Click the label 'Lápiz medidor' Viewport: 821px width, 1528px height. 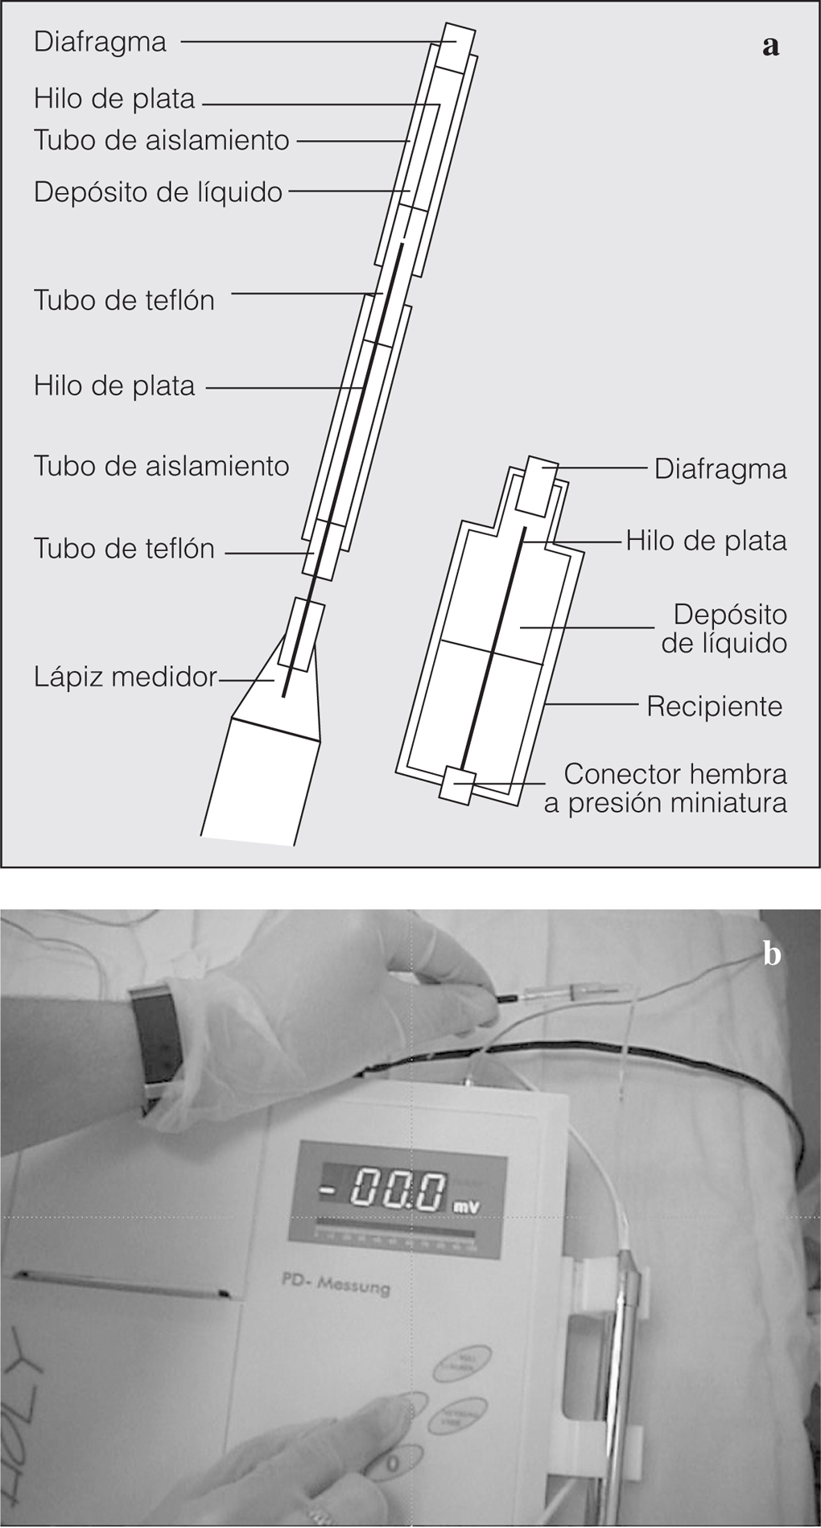125,677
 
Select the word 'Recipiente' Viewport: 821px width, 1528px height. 714,706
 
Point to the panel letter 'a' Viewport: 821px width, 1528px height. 770,47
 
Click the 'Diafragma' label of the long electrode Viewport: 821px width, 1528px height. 100,42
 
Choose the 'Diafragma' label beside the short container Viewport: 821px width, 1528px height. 720,468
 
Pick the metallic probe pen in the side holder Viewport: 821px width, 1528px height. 623,1360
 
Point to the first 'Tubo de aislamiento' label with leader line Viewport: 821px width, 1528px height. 161,140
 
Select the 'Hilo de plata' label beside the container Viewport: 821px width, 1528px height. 706,541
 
